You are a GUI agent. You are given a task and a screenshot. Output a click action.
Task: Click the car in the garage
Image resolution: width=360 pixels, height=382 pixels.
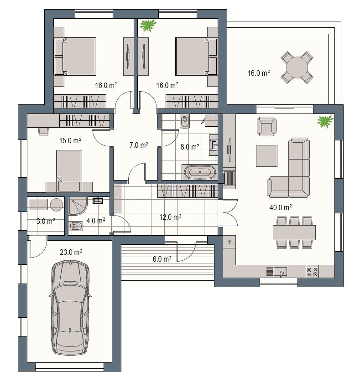tap(70, 307)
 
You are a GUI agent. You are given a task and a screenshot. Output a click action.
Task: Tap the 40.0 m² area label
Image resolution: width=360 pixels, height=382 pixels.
tap(281, 207)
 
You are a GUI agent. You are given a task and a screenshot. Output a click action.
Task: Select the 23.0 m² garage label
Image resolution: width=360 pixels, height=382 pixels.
tap(71, 252)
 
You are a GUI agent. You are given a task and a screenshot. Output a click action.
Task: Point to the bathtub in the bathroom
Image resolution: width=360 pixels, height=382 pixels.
tap(200, 172)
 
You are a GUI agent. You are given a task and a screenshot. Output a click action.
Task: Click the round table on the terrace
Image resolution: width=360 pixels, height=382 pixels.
tap(297, 67)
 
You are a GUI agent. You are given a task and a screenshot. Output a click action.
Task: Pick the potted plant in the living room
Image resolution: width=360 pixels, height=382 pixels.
tap(325, 121)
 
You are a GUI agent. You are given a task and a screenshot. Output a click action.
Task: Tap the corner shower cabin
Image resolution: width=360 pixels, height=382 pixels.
tap(78, 206)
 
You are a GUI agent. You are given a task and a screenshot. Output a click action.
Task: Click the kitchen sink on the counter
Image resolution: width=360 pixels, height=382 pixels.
tap(280, 272)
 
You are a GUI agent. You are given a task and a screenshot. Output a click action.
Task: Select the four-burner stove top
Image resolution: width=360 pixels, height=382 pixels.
tap(312, 271)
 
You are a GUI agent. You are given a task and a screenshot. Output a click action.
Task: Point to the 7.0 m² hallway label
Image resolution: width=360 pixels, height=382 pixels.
tap(139, 145)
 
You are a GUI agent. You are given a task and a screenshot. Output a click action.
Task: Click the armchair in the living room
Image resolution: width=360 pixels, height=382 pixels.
tap(266, 126)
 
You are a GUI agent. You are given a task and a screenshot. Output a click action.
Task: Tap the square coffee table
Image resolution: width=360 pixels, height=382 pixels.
tap(266, 156)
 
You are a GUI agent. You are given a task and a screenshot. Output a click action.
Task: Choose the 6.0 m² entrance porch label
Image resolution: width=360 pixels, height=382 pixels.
tap(162, 259)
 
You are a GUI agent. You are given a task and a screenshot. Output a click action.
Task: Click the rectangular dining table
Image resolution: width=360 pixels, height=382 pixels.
tap(294, 232)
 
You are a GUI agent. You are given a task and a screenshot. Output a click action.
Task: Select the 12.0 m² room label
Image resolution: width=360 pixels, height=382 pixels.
tap(170, 217)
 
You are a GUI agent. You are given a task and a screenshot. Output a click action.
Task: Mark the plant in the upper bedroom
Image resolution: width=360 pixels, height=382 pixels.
tap(148, 26)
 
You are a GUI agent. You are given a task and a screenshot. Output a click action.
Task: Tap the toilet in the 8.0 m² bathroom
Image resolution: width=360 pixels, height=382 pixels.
tap(184, 121)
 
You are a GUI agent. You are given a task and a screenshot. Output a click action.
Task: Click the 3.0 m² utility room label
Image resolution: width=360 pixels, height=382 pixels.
tap(46, 221)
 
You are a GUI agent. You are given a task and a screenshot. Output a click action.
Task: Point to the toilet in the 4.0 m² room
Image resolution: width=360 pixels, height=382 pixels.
tap(76, 226)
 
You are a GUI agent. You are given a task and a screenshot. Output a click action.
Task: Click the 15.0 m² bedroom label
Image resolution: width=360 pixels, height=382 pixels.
tap(70, 140)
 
